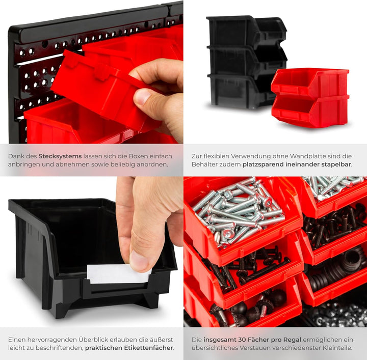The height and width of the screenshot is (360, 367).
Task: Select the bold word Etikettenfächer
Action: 143,348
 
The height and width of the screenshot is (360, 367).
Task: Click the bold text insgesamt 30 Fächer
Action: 233,339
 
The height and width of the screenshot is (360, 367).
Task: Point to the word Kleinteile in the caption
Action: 334,348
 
